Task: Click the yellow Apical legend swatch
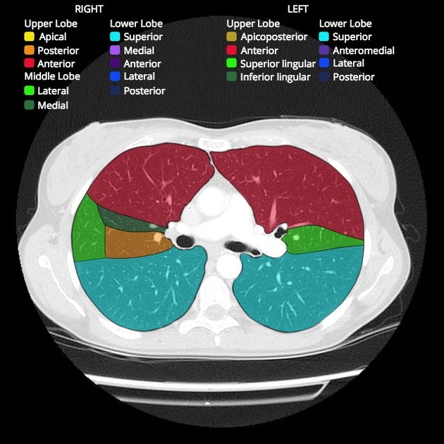(x=29, y=37)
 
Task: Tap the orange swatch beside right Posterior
(x=29, y=51)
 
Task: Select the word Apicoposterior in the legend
(x=274, y=37)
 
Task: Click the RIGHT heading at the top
(x=89, y=9)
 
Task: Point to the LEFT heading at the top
(x=297, y=9)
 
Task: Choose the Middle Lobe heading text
(x=52, y=76)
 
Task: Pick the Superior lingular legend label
(x=278, y=64)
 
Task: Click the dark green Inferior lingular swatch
(x=231, y=76)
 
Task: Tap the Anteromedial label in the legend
(x=364, y=51)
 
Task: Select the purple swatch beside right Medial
(x=115, y=50)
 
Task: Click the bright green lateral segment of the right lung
(x=88, y=230)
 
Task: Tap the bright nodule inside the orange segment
(x=157, y=237)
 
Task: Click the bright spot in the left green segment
(x=296, y=238)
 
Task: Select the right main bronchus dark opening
(x=185, y=241)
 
